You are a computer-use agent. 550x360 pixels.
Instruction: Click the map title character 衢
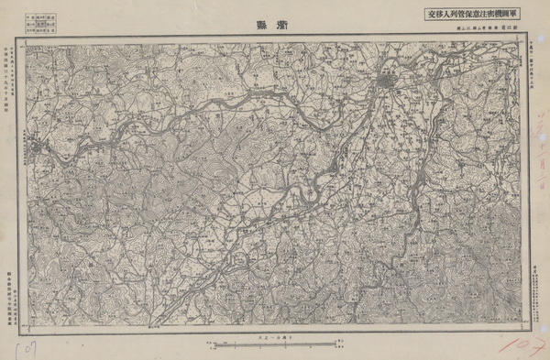[x=282, y=26]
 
